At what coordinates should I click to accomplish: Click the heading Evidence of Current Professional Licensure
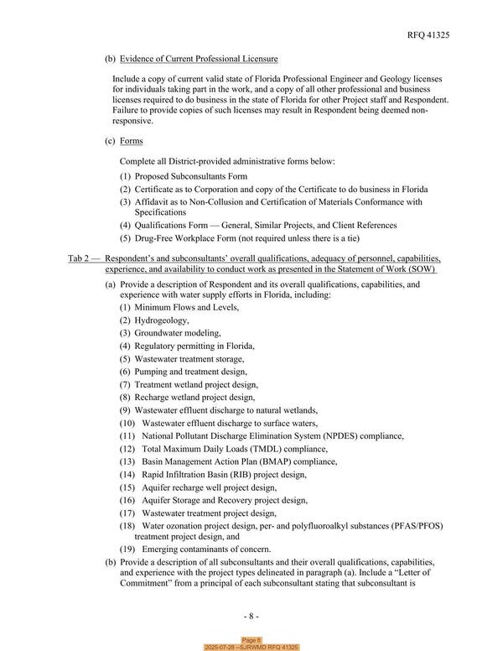pyautogui.click(x=199, y=59)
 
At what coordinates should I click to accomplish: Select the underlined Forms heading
pyautogui.click(x=132, y=141)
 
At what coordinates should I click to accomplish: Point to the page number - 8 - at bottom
pyautogui.click(x=251, y=617)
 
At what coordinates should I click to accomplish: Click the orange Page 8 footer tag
pyautogui.click(x=251, y=640)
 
